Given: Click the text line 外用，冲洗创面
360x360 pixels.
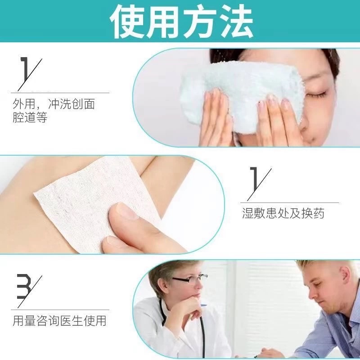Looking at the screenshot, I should pyautogui.click(x=54, y=104).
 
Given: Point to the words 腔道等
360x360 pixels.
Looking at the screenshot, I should pyautogui.click(x=30, y=118).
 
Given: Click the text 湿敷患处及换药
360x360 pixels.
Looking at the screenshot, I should pyautogui.click(x=283, y=213).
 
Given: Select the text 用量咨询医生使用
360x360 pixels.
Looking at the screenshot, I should pyautogui.click(x=59, y=320).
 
